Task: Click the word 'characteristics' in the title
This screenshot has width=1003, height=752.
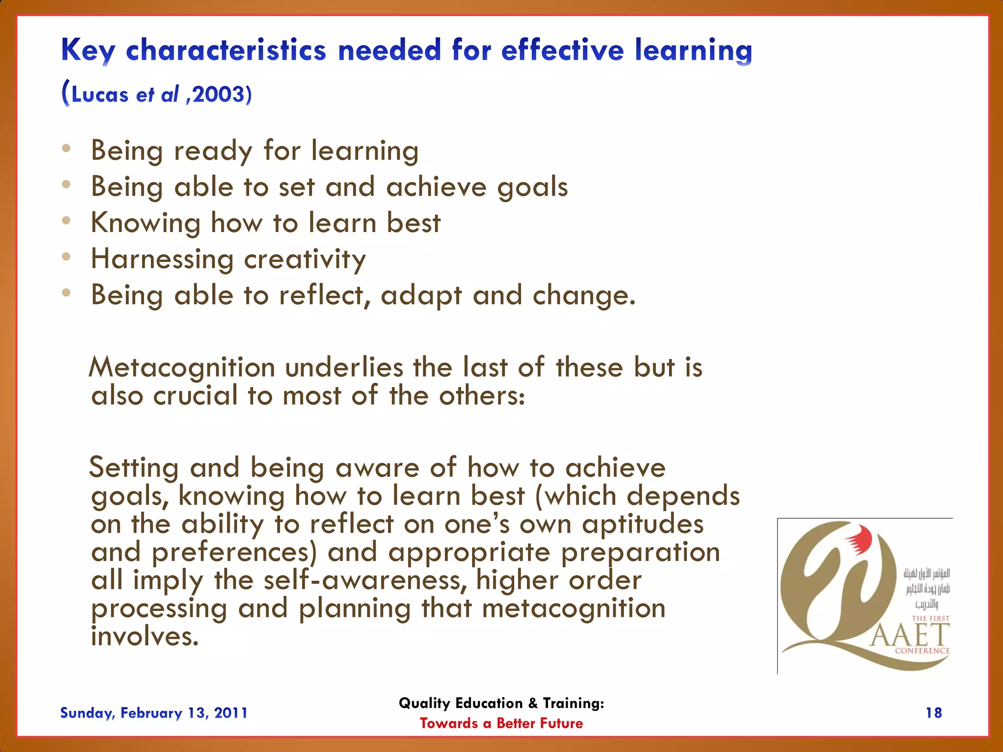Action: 226,50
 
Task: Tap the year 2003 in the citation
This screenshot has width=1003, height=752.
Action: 218,94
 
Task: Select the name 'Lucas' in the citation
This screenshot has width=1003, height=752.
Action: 100,94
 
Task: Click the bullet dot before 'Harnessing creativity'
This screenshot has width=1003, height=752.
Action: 67,257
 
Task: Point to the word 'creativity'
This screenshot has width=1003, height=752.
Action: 305,259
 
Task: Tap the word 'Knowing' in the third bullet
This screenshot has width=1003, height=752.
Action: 145,224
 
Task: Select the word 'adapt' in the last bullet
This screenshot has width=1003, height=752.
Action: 421,296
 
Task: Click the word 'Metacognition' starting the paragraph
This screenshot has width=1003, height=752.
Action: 182,368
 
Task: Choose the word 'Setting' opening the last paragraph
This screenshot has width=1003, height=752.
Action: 134,468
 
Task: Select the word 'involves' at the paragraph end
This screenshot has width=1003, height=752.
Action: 144,636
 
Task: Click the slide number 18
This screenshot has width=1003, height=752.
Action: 933,713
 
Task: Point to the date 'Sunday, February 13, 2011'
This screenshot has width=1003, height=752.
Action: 154,713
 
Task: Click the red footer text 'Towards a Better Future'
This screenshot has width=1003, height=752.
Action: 501,723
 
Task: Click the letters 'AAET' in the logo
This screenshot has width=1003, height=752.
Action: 909,635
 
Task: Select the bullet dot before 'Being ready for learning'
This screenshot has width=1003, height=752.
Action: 67,148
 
